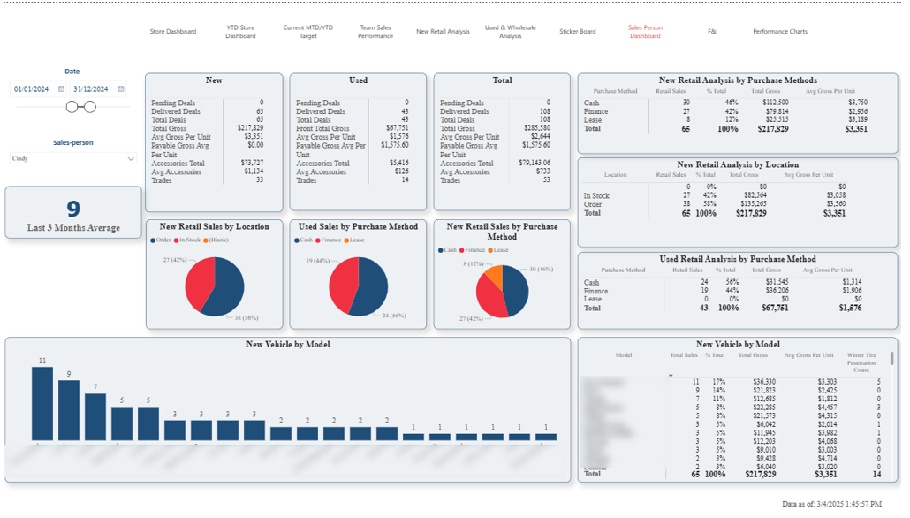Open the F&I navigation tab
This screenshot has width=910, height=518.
713,31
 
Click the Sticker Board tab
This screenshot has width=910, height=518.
577,31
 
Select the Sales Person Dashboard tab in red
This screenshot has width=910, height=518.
645,31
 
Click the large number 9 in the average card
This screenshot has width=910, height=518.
73,209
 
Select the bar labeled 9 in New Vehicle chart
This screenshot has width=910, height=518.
68,410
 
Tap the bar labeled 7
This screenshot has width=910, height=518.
95,416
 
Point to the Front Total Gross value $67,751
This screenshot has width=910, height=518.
391,129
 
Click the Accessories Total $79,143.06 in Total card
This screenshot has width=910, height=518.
529,164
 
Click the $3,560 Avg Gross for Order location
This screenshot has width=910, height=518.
834,203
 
